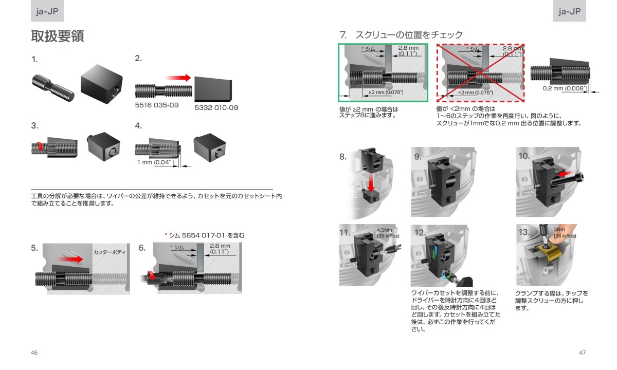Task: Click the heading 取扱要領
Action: pyautogui.click(x=58, y=36)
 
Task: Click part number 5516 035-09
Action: pyautogui.click(x=157, y=104)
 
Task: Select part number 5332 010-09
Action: pyautogui.click(x=216, y=108)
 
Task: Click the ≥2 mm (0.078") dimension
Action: pyautogui.click(x=386, y=92)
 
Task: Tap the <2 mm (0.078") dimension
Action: pyautogui.click(x=475, y=92)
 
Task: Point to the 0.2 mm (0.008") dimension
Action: pyautogui.click(x=565, y=88)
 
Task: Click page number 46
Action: pyautogui.click(x=34, y=353)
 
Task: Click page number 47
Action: pyautogui.click(x=583, y=353)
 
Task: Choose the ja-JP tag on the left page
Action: pyautogui.click(x=47, y=11)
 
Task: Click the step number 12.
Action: pyautogui.click(x=421, y=232)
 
